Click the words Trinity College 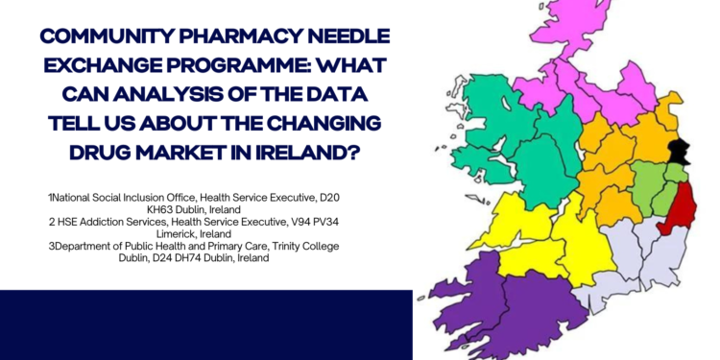click(304, 246)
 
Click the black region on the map click(681, 150)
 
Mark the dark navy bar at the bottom click(206, 324)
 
